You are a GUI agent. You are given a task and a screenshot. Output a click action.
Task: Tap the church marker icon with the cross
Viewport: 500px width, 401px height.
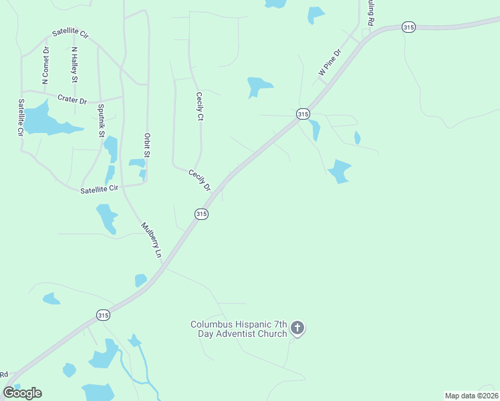click(297, 328)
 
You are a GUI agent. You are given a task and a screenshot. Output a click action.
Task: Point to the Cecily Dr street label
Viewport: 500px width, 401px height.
click(199, 180)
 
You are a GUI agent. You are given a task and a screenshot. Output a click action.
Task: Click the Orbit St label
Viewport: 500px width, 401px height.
click(147, 146)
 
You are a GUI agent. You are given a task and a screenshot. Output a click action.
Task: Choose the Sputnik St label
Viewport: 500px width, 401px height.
click(102, 120)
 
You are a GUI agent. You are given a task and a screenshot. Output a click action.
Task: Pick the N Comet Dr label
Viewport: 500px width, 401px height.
click(45, 65)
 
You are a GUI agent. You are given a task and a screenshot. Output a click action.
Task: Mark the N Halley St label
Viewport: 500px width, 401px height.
click(74, 65)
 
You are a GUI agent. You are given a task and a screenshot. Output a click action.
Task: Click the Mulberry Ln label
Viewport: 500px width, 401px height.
click(151, 240)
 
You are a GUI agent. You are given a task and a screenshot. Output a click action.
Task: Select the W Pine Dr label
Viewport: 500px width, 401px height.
click(330, 61)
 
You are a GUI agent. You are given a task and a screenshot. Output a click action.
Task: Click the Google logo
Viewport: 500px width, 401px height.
click(22, 393)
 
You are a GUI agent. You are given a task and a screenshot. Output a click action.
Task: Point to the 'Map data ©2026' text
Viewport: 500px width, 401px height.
click(471, 395)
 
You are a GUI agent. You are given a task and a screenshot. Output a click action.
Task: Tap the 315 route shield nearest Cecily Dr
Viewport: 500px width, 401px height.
click(202, 214)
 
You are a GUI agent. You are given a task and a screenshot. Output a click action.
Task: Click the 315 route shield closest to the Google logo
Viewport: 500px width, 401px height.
click(102, 315)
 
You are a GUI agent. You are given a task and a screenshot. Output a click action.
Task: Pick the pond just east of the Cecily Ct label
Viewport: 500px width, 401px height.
click(258, 86)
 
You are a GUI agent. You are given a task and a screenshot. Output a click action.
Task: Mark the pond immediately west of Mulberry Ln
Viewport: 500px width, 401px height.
click(107, 218)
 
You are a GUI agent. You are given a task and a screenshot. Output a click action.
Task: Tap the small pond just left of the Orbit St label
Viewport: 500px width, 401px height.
click(137, 163)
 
